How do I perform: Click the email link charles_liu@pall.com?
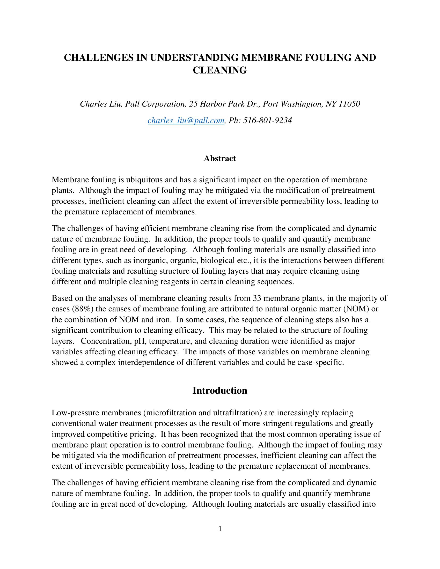[186, 120]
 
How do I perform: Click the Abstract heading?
[220, 158]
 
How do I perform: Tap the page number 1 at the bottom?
[220, 529]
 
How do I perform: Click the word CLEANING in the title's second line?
[220, 70]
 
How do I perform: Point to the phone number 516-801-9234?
[267, 120]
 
